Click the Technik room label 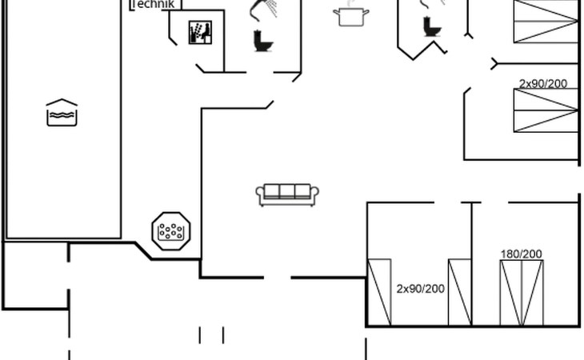pyautogui.click(x=153, y=4)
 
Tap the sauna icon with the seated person pyautogui.click(x=200, y=32)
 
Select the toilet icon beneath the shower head pyautogui.click(x=263, y=41)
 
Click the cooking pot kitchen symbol pyautogui.click(x=351, y=15)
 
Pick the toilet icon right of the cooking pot pyautogui.click(x=432, y=26)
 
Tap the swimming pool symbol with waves pyautogui.click(x=62, y=113)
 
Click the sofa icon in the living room pyautogui.click(x=287, y=194)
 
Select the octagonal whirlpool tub pyautogui.click(x=171, y=231)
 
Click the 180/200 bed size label pyautogui.click(x=521, y=254)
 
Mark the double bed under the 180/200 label pyautogui.click(x=522, y=293)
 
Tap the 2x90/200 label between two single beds pyautogui.click(x=421, y=289)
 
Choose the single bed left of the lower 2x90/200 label pyautogui.click(x=379, y=292)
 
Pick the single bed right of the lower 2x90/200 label pyautogui.click(x=460, y=292)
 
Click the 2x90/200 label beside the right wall pyautogui.click(x=543, y=84)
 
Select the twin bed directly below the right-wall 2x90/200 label pyautogui.click(x=546, y=110)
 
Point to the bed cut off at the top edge pyautogui.click(x=546, y=22)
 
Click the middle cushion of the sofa pyautogui.click(x=287, y=191)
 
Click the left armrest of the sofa pyautogui.click(x=260, y=194)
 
